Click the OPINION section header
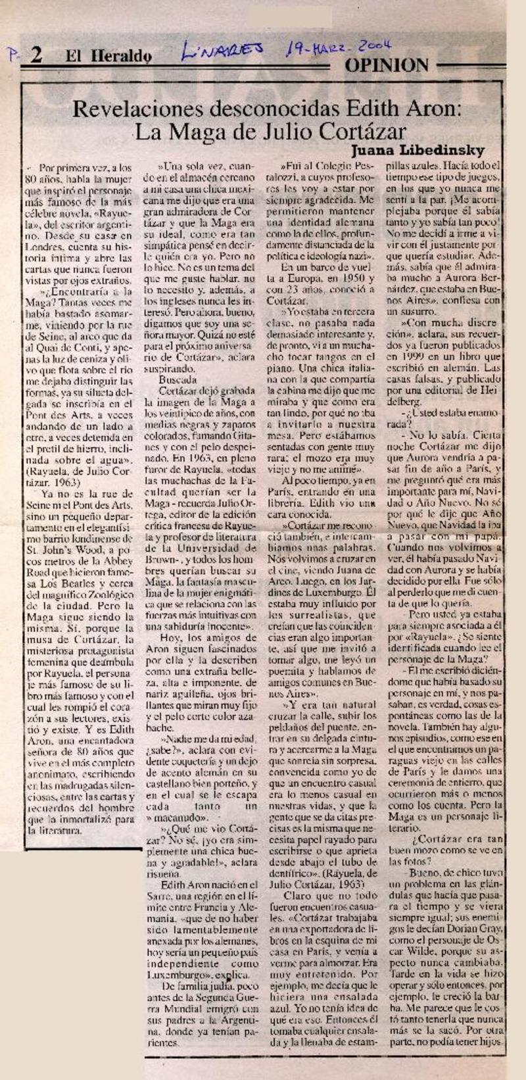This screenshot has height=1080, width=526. [387, 64]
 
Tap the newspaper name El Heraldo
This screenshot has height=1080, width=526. [108, 57]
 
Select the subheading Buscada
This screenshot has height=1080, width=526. [178, 380]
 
